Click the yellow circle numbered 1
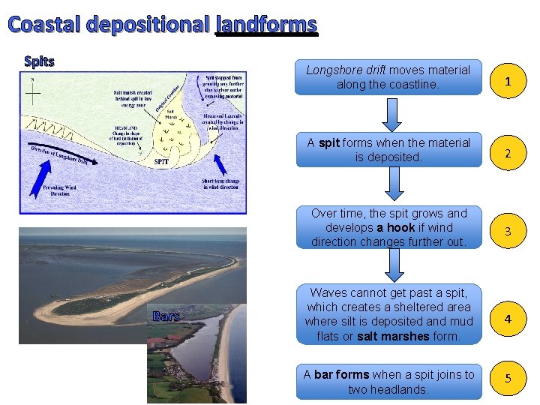pyautogui.click(x=508, y=82)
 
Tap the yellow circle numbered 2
pyautogui.click(x=508, y=154)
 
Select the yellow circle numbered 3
pyautogui.click(x=508, y=232)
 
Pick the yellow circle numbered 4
pyautogui.click(x=508, y=319)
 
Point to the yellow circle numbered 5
pyautogui.click(x=508, y=379)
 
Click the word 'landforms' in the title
pyautogui.click(x=266, y=25)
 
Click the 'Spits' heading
pyautogui.click(x=39, y=61)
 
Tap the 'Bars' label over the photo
pyautogui.click(x=166, y=316)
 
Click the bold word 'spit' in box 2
pyautogui.click(x=328, y=142)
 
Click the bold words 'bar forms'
pyautogui.click(x=342, y=375)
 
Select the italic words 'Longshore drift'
pyautogui.click(x=346, y=70)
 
